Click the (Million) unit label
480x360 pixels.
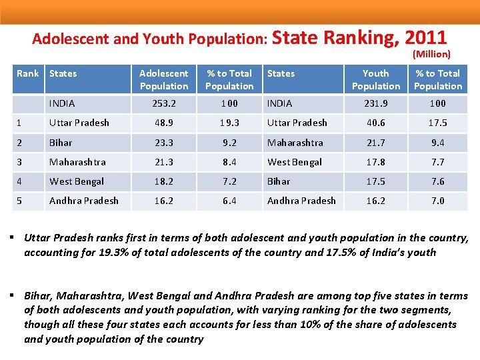431,54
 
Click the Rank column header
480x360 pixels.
27,73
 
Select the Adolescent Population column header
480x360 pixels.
164,79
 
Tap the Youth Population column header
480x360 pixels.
376,79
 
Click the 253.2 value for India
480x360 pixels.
164,103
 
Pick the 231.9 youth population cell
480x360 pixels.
376,103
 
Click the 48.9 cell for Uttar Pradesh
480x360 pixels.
164,123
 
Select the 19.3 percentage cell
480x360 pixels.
229,123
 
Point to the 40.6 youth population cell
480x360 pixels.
376,123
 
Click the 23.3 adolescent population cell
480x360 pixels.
164,143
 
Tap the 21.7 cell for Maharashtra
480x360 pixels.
376,143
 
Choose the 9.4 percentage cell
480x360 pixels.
438,143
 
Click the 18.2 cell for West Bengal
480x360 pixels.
164,181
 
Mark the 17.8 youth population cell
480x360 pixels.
376,162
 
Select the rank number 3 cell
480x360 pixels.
20,162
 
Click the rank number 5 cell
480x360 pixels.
20,201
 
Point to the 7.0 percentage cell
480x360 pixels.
438,201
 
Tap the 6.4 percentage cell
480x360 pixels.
229,201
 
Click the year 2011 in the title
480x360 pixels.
425,37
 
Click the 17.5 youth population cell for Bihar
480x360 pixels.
376,181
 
